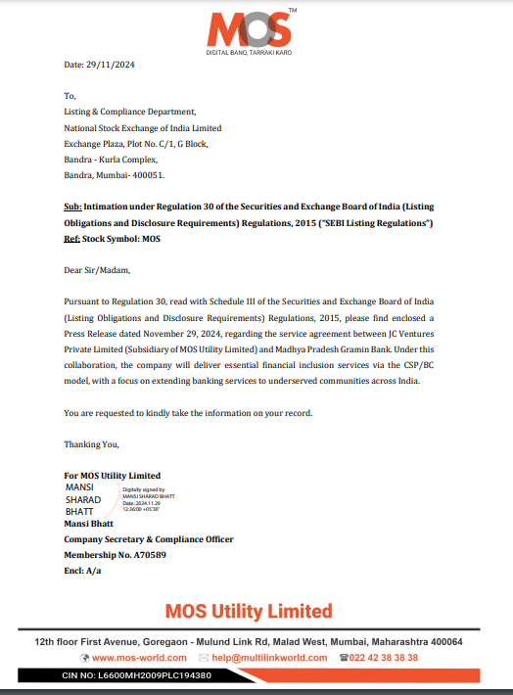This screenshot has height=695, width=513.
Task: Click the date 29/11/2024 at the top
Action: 114,65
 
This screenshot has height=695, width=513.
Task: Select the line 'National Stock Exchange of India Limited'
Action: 142,128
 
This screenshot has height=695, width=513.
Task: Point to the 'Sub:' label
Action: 72,208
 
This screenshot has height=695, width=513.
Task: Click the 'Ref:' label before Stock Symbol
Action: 71,238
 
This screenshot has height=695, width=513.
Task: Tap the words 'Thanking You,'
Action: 91,444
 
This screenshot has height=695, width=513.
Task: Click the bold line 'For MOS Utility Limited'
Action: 112,476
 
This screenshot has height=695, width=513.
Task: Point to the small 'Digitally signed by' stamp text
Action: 143,489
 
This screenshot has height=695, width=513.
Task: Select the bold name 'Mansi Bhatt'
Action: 88,524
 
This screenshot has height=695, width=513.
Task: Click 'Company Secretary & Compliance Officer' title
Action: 148,539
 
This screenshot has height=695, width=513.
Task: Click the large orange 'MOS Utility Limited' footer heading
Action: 249,611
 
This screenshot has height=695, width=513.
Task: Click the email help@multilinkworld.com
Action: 268,658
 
